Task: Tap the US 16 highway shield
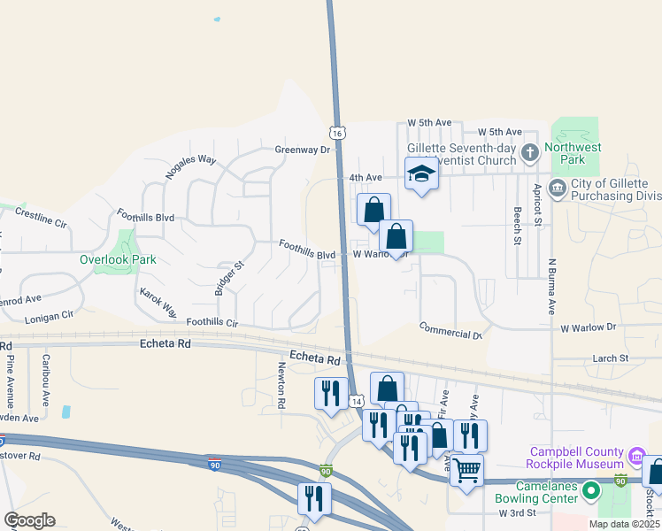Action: coord(335,132)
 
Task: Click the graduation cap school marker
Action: coord(421,173)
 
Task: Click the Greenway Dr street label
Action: coord(302,150)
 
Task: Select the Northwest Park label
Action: coord(573,154)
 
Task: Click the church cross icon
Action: coord(530,152)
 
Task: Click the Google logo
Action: coord(29,520)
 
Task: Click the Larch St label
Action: coord(610,358)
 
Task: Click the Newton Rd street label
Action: coord(281,386)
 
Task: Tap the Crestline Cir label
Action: coord(42,219)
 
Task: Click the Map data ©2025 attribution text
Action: coord(624,524)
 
